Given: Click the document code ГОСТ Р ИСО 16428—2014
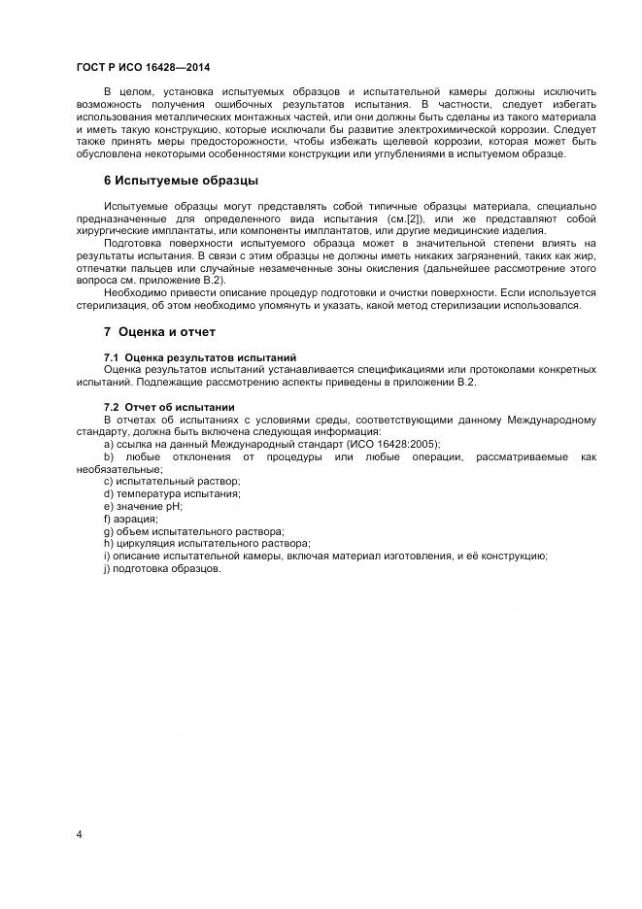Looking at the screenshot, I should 144,67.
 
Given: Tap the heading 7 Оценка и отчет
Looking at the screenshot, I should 159,332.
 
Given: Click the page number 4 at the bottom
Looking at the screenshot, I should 79,835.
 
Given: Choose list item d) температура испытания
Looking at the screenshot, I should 172,493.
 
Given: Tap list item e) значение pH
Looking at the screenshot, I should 143,506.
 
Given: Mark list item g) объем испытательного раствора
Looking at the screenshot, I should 193,531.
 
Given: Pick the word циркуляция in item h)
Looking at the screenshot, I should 147,544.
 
